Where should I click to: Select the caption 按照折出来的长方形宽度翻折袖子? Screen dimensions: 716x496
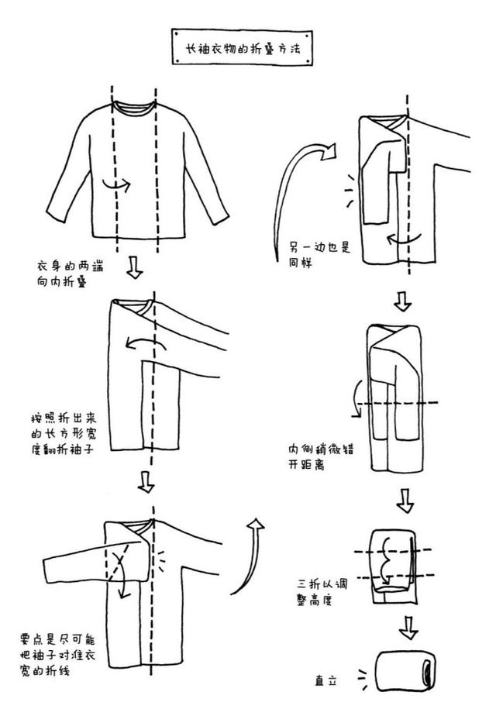tap(63, 434)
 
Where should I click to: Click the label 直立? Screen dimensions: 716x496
tap(326, 681)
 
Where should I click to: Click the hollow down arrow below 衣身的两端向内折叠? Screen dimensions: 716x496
tap(134, 269)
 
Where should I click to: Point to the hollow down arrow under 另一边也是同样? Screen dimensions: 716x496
tap(403, 301)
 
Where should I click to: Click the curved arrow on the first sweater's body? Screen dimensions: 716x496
tap(116, 186)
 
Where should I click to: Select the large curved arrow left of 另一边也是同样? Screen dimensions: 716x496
tap(294, 194)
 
